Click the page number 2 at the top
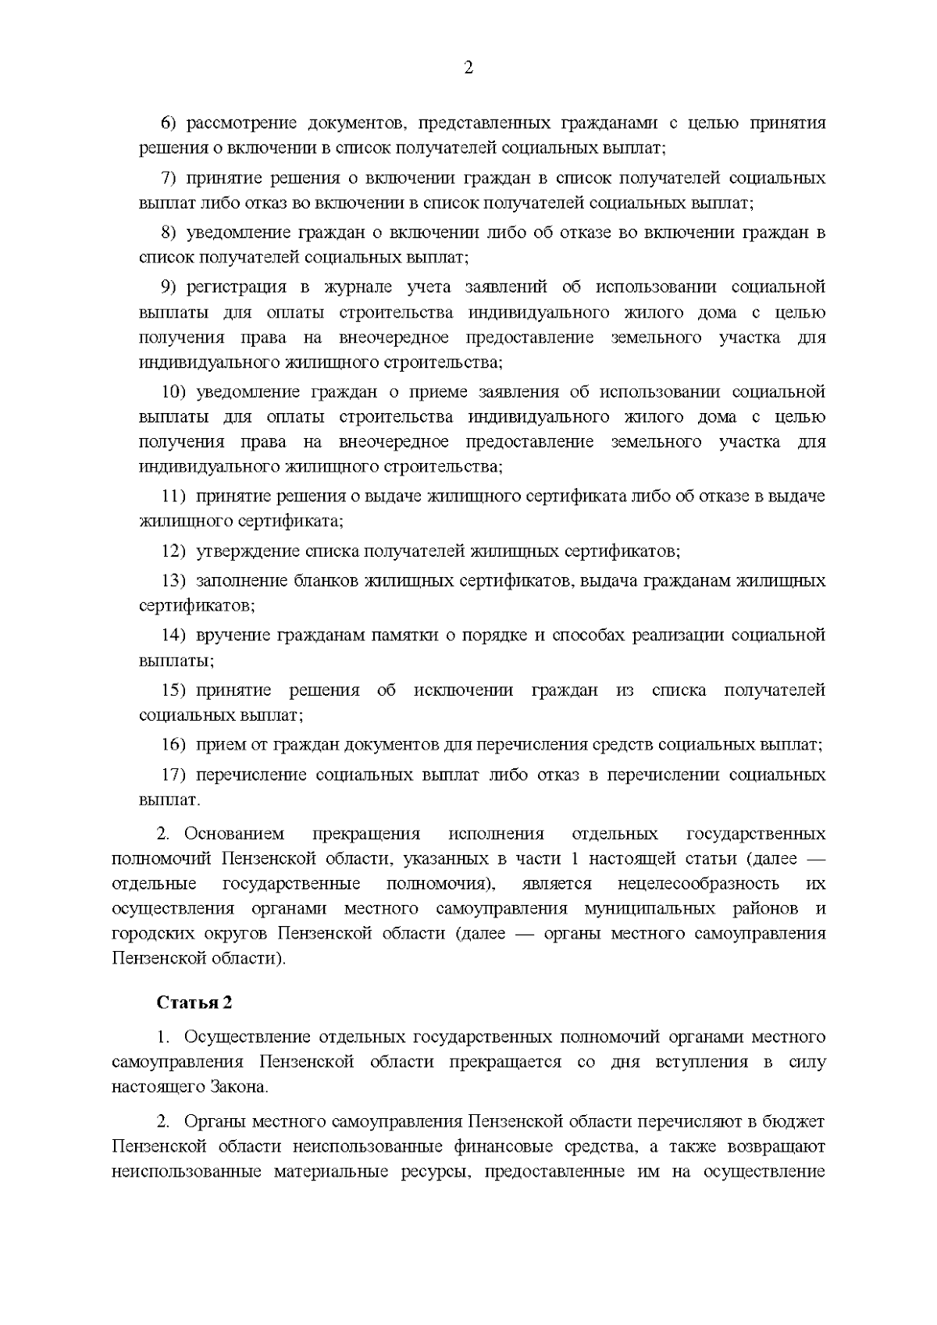click(468, 68)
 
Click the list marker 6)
click(169, 123)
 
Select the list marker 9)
click(169, 287)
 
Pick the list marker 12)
click(173, 551)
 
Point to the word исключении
click(464, 690)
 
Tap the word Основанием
click(234, 835)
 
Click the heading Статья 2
click(194, 1002)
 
